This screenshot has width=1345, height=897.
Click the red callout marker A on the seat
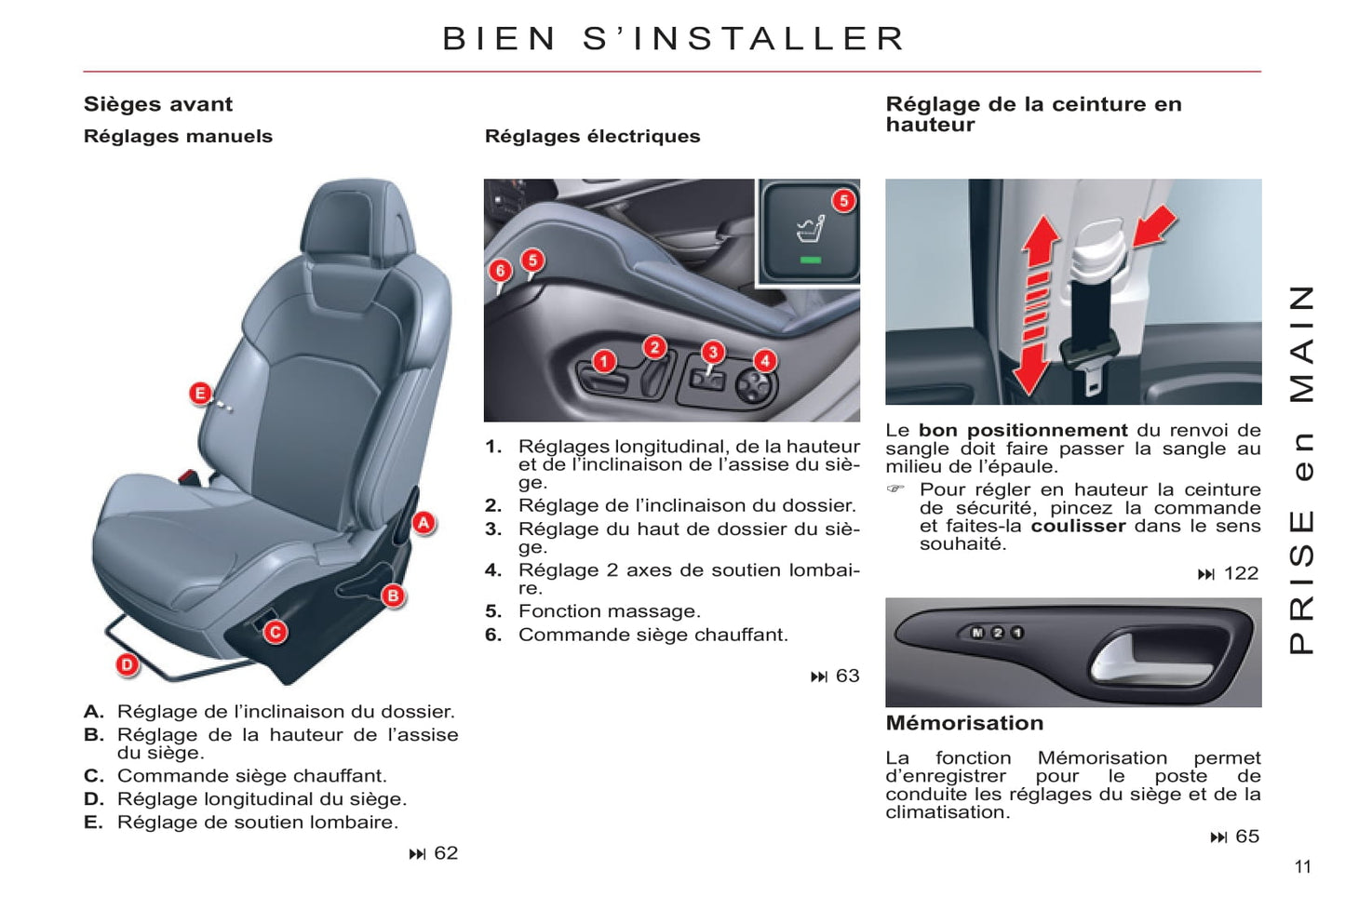(424, 524)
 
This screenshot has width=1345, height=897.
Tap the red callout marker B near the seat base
(394, 596)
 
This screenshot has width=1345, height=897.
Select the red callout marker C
(276, 632)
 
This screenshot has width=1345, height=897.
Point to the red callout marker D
(128, 665)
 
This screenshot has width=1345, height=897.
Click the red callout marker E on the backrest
(200, 394)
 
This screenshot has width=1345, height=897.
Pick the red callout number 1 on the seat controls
(604, 361)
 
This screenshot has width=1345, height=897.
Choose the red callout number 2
(654, 347)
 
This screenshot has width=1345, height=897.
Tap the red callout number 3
(713, 352)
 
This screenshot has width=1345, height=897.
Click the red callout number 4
(765, 361)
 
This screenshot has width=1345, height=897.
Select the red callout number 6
(500, 271)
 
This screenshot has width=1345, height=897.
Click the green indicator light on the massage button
(811, 260)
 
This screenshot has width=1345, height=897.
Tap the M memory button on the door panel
(977, 632)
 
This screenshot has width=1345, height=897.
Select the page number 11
(1303, 867)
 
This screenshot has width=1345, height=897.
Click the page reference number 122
(1241, 573)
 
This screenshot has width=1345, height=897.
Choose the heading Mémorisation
(965, 723)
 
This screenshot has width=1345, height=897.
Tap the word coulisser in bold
(1079, 526)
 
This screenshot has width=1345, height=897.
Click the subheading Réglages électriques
(593, 136)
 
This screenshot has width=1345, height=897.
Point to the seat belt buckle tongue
(1092, 372)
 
